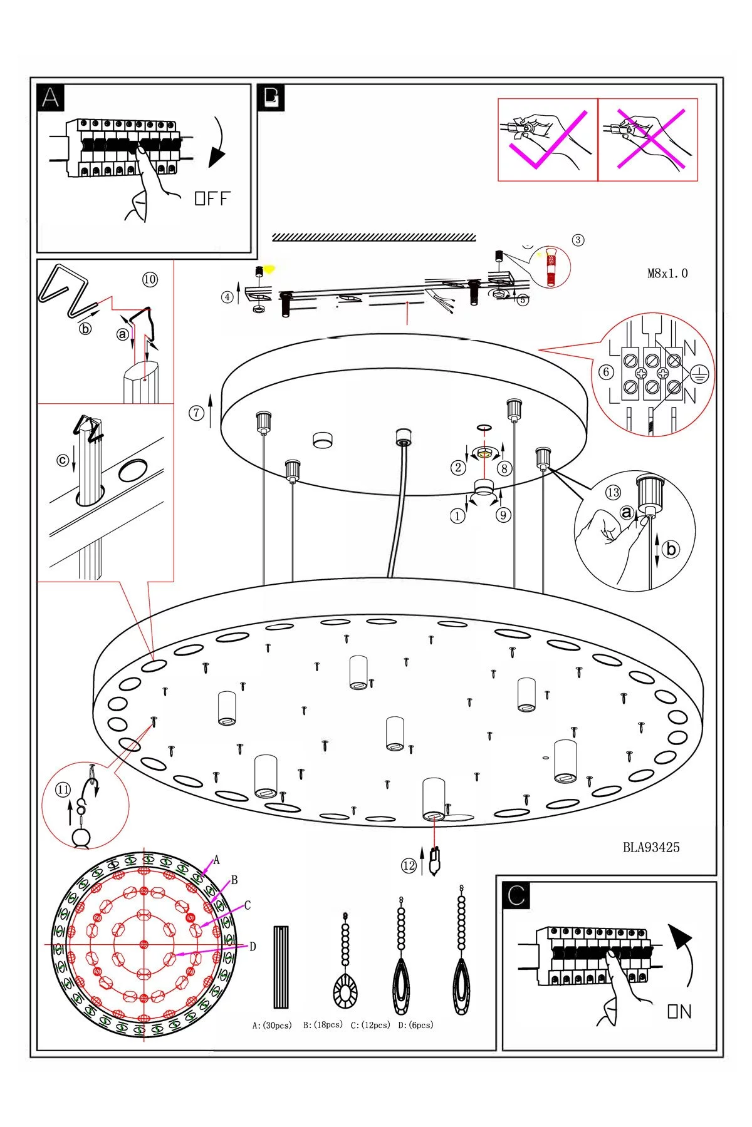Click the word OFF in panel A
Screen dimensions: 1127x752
(x=212, y=198)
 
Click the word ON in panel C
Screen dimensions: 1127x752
(x=679, y=1011)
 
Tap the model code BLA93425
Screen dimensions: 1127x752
(x=650, y=847)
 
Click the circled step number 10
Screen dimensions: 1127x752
(x=150, y=279)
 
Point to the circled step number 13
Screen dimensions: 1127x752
(x=613, y=493)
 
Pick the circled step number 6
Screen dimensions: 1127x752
(x=605, y=372)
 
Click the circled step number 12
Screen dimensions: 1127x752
(x=409, y=865)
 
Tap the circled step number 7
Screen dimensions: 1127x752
(x=197, y=413)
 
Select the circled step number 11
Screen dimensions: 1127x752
(x=63, y=790)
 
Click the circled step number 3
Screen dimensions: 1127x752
(x=578, y=240)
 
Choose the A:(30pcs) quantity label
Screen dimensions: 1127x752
(x=272, y=1026)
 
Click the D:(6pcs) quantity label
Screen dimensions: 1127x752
(x=415, y=1025)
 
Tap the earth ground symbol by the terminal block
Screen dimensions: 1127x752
(x=699, y=375)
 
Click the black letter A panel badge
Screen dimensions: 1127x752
(x=51, y=98)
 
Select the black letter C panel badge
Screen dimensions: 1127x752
(x=516, y=895)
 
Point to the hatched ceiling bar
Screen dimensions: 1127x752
(x=374, y=237)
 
